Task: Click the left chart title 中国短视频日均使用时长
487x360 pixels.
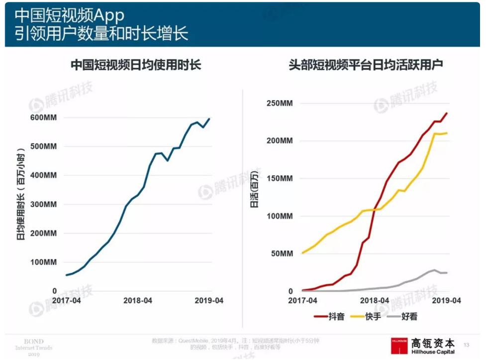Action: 136,65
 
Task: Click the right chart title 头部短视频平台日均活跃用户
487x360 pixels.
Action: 366,65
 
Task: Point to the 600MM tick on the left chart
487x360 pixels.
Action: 43,118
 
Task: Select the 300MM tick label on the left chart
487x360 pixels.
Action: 43,205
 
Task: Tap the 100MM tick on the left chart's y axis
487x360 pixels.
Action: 43,262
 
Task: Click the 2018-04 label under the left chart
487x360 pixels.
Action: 138,301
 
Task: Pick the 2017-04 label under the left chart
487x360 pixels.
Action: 66,301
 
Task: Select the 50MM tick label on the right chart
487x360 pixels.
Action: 282,254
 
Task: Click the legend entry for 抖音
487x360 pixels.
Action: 330,316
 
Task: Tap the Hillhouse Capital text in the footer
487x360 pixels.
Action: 433,352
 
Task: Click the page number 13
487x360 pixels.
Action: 467,345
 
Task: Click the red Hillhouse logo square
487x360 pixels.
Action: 399,346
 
